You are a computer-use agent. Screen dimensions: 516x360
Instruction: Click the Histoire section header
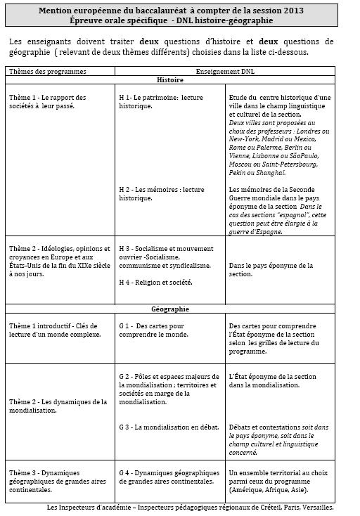(x=169, y=81)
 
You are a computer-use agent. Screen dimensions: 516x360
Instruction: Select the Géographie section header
(x=169, y=309)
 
